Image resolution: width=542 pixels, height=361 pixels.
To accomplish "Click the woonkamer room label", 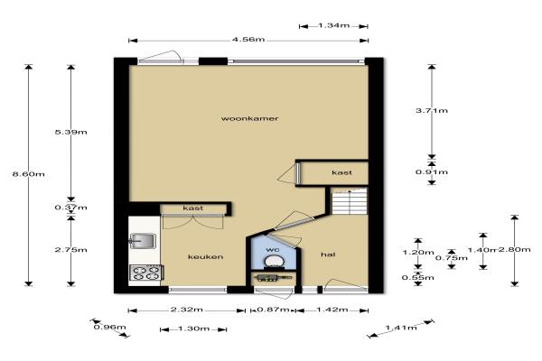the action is pos(249,118).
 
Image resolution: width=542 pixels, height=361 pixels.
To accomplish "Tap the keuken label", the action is pos(205,256).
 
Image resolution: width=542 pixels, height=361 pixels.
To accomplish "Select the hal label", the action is pos(328,255).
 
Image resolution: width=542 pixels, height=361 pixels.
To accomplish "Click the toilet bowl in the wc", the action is pos(275,261).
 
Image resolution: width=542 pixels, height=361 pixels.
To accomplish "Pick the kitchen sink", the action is pos(143,241).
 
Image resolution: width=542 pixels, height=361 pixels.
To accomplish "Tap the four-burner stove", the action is pos(145,273).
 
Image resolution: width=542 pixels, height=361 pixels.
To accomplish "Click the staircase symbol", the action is pos(350,201).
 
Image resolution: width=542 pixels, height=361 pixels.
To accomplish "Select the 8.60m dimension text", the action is pos(28,174).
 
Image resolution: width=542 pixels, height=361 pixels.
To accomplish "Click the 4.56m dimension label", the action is pos(248,40).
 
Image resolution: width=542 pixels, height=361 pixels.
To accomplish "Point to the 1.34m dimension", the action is pos(333,25).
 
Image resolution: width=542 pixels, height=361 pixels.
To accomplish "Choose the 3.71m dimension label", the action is pos(432,110).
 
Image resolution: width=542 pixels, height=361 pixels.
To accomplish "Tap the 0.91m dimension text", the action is pos(432,172).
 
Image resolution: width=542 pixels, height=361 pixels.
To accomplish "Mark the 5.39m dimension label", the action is pos(70,132).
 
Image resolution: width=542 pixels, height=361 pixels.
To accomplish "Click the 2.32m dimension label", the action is pos(187,310).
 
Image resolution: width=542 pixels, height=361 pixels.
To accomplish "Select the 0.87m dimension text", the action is pos(273,310).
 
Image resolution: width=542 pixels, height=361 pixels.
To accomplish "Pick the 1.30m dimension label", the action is pos(193,329).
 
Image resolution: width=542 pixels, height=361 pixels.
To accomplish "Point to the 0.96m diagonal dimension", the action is pos(110,327).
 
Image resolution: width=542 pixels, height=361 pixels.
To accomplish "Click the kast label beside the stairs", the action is pos(341,172).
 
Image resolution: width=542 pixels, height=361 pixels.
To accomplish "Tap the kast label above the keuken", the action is pos(193,208).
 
